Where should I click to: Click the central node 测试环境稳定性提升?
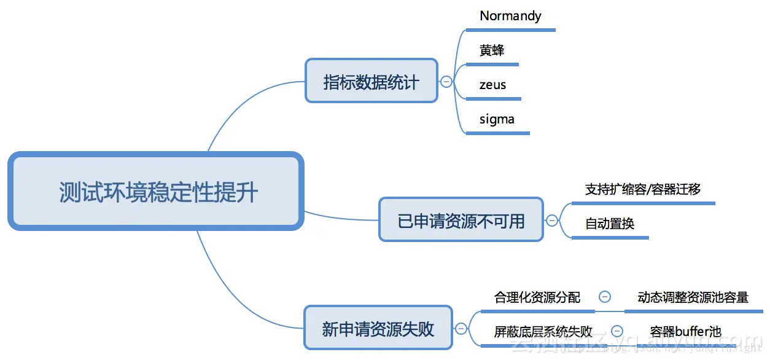coord(156,192)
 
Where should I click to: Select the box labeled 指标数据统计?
coord(371,81)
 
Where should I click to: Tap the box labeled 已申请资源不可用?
coord(461,220)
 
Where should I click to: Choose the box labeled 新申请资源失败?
coord(378,328)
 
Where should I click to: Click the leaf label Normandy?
coord(510,16)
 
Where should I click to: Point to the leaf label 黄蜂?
coord(492,50)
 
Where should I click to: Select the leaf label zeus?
coord(493,85)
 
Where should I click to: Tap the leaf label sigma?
coord(497,119)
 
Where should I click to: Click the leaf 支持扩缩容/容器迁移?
coord(643,189)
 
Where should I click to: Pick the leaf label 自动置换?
coord(609,224)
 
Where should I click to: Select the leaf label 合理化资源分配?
coord(537,297)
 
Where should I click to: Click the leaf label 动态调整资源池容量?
coord(693,297)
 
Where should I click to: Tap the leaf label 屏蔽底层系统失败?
coord(543,332)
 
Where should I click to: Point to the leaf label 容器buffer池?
coord(686,332)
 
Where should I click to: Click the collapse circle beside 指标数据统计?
coord(446,81)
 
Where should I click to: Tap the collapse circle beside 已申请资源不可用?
coord(551,221)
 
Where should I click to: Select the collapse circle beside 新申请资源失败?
coord(460,329)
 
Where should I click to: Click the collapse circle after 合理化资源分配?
coord(604,297)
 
